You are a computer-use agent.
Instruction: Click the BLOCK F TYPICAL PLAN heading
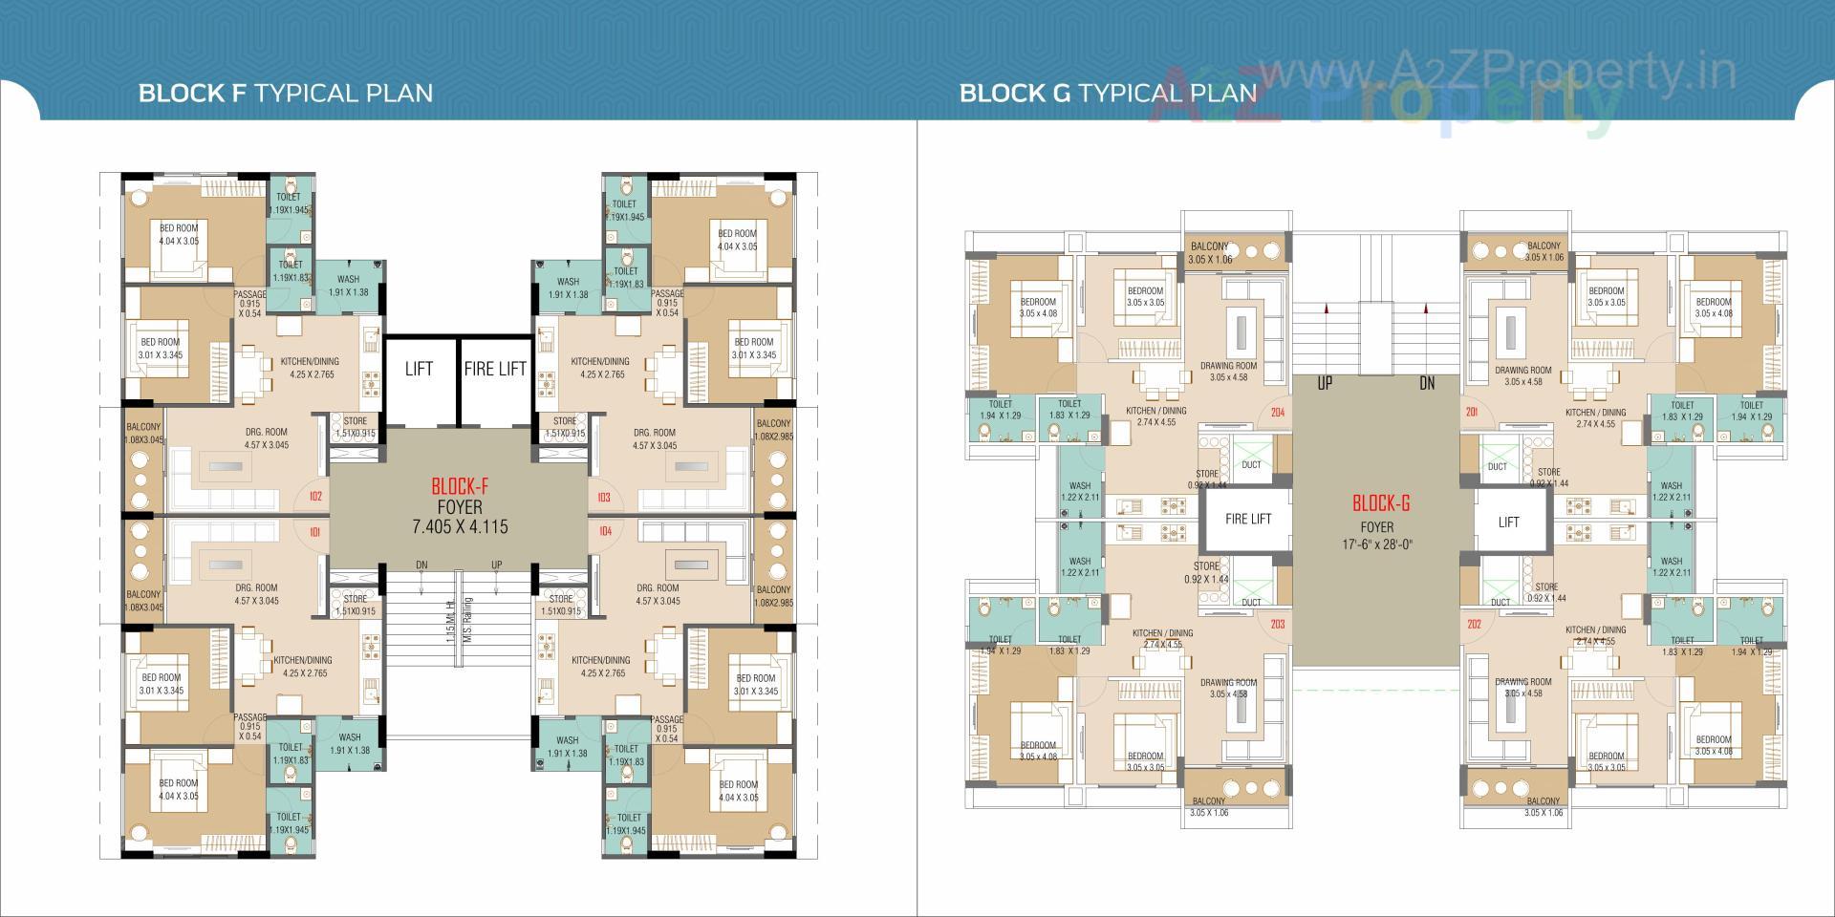[x=285, y=93]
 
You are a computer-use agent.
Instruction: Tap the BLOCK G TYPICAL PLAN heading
[x=1108, y=93]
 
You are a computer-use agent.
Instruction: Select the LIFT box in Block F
[x=419, y=369]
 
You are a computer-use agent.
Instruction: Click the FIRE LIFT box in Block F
[x=495, y=369]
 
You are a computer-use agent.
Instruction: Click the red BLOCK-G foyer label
[x=1380, y=503]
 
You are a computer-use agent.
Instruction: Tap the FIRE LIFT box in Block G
[x=1248, y=519]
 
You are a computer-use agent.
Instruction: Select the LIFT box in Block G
[x=1508, y=522]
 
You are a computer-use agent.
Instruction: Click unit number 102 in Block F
[x=315, y=497]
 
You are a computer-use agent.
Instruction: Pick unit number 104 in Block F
[x=604, y=531]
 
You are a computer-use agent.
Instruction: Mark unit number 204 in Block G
[x=1278, y=413]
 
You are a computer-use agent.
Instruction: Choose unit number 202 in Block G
[x=1473, y=625]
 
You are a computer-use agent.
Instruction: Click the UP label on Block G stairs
[x=1324, y=384]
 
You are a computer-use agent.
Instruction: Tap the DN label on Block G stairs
[x=1427, y=384]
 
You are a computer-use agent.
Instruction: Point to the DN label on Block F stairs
[x=421, y=565]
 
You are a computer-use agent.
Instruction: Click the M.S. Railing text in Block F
[x=468, y=619]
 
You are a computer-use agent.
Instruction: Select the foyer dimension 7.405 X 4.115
[x=460, y=527]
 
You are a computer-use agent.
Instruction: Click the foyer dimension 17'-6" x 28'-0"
[x=1376, y=544]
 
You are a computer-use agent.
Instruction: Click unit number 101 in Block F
[x=315, y=531]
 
